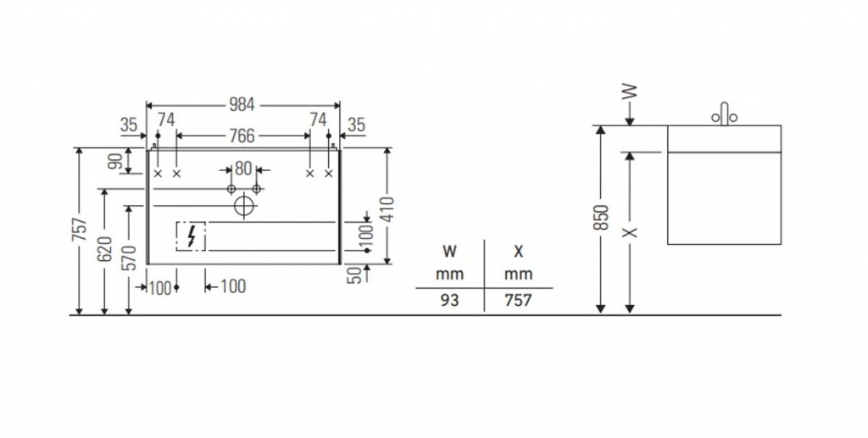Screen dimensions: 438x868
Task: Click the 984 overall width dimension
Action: [242, 105]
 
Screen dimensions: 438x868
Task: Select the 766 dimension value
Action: [242, 136]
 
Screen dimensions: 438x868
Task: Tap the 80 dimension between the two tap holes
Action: [243, 168]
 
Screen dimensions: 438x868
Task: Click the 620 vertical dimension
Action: [104, 251]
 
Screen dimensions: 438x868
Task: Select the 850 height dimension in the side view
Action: [600, 218]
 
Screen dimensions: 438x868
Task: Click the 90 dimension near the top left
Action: [115, 161]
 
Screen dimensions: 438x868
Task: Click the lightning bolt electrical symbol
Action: [192, 236]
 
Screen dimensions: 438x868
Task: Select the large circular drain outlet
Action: [244, 205]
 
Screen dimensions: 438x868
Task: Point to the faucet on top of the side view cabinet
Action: [724, 114]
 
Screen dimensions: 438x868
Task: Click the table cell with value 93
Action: [449, 300]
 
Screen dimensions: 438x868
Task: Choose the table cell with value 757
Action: [517, 300]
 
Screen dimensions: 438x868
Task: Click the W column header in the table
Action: [449, 252]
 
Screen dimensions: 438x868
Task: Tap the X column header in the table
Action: [517, 252]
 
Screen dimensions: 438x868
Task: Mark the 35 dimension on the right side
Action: [356, 125]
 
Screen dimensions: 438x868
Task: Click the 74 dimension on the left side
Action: [166, 119]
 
